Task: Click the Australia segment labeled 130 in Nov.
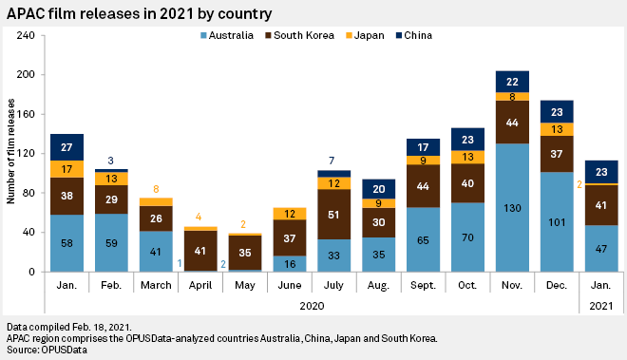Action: coord(512,208)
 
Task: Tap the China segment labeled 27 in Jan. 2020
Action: coord(66,147)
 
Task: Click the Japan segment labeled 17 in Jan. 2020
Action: coord(66,169)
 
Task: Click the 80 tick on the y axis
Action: coord(28,193)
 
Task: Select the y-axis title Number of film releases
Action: coord(11,154)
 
